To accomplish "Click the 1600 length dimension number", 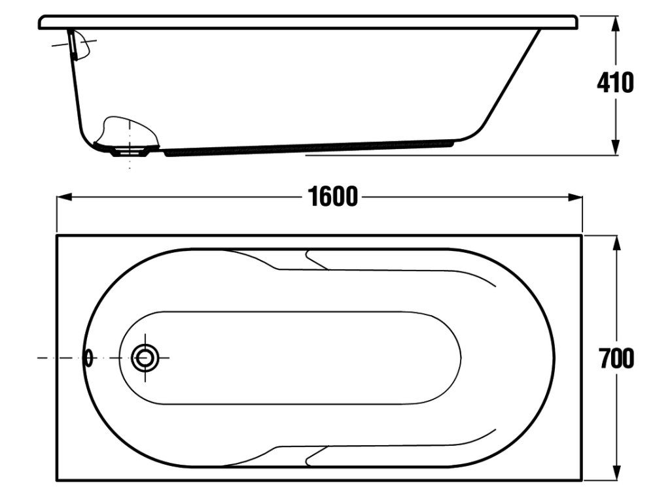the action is [334, 196].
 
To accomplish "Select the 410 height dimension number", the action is [615, 83].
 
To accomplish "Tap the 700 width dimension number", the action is [616, 358].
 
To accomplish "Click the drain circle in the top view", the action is [145, 358].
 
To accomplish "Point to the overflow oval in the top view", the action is [89, 358].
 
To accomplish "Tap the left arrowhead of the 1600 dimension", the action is [62, 196].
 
